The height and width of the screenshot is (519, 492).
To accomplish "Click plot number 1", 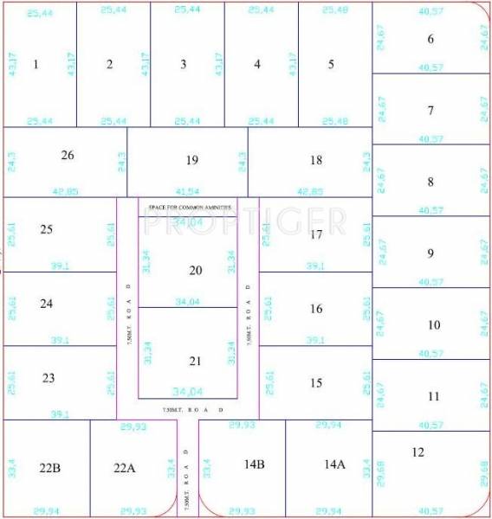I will click(x=36, y=64).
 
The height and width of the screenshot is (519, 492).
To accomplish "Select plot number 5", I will click(x=331, y=64).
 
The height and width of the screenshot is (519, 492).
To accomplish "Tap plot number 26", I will click(x=68, y=155).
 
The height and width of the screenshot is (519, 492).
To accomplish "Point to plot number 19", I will click(x=192, y=159).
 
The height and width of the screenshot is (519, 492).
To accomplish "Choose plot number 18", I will click(x=316, y=159).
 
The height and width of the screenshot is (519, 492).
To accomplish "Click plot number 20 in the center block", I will click(x=196, y=271).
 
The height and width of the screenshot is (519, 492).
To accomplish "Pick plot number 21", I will click(x=196, y=361).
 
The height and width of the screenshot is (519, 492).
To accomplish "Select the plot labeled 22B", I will click(x=49, y=468).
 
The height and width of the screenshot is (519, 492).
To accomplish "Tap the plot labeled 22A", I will click(x=125, y=468).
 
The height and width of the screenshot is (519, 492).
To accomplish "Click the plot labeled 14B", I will click(x=253, y=465).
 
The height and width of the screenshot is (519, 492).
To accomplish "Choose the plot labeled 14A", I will click(x=334, y=465).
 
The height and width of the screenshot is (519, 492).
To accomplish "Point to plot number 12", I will click(x=418, y=452).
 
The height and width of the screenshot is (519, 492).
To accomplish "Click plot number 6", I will click(x=430, y=39).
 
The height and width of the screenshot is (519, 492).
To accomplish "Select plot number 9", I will click(x=430, y=253).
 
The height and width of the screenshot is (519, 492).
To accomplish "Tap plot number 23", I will click(x=48, y=378).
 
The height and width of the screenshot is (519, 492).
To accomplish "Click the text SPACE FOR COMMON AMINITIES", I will click(x=190, y=208).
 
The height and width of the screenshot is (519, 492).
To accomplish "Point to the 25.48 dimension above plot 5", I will click(x=335, y=10).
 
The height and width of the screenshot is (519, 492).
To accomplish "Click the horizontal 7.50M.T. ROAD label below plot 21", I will click(x=193, y=409).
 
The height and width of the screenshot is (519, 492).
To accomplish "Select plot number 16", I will click(x=316, y=309).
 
